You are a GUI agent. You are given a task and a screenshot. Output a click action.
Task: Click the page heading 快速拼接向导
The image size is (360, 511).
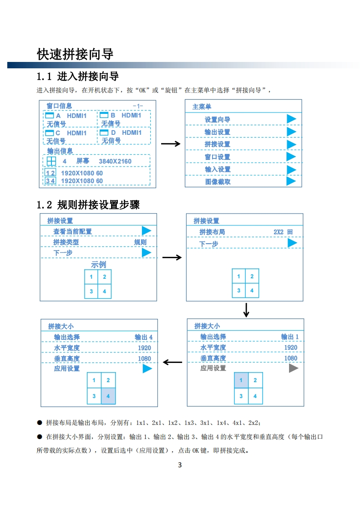tap(75, 54)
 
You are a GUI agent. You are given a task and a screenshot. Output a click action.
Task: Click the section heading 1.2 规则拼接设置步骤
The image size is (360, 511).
tap(88, 204)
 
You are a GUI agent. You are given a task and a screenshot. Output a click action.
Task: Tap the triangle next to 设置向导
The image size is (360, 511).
tap(291, 119)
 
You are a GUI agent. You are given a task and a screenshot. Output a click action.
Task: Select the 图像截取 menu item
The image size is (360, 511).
tap(218, 182)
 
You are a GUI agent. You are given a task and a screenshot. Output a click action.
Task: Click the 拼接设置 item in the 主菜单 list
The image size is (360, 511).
tap(217, 144)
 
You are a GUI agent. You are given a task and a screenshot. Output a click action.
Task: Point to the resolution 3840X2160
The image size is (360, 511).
tap(115, 161)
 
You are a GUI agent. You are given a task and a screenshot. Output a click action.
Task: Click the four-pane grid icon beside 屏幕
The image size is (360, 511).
tap(51, 161)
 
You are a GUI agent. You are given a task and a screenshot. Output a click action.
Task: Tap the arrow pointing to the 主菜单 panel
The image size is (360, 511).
tap(171, 144)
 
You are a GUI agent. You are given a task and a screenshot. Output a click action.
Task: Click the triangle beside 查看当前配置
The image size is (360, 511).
tap(146, 231)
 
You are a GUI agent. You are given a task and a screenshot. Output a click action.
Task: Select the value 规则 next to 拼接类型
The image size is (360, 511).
tap(140, 242)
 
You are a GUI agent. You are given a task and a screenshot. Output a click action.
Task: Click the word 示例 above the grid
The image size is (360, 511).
tap(98, 265)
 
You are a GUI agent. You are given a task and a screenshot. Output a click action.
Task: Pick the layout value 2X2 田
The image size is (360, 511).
tap(283, 232)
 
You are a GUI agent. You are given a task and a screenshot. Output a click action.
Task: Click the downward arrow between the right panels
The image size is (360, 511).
tap(246, 310)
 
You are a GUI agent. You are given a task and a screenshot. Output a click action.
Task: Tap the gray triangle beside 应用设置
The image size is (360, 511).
tap(294, 368)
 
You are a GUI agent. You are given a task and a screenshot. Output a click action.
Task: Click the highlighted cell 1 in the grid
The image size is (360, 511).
tap(241, 380)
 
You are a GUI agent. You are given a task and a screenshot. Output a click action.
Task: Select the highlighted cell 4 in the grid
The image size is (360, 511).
tap(108, 396)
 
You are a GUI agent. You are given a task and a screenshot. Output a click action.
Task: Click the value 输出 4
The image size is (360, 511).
tap(143, 337)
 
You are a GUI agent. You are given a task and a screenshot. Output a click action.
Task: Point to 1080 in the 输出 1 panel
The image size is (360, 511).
tap(291, 358)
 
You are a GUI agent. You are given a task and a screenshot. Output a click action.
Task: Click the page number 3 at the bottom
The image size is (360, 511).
tap(180, 465)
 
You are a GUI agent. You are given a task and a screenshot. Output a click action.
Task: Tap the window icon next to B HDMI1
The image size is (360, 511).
tap(104, 116)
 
